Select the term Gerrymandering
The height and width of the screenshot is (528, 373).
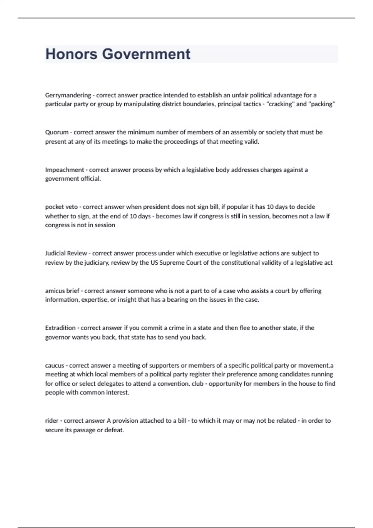point(68,95)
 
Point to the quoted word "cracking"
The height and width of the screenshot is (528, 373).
point(280,104)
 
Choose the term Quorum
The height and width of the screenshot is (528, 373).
point(57,132)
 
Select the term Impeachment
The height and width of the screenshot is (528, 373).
point(64,170)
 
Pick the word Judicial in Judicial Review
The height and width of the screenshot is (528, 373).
point(55,253)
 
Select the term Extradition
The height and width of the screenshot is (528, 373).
point(60,328)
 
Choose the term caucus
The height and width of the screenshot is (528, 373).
point(54,366)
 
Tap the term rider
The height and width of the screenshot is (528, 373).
point(52,421)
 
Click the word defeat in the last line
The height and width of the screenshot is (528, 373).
point(114,430)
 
